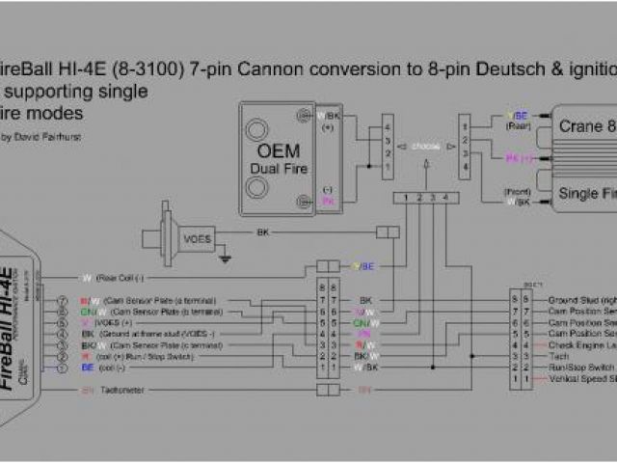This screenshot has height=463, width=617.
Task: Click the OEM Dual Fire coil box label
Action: [x=278, y=159]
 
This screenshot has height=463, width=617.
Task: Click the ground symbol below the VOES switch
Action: [x=225, y=258]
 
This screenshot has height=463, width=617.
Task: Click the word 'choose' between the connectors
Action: [x=424, y=147]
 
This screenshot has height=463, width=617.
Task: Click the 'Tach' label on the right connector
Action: [x=558, y=356]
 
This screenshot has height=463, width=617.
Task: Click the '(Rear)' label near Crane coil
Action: [x=519, y=124]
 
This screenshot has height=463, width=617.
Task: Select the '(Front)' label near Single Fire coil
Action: [x=518, y=191]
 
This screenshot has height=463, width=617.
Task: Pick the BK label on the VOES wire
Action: [x=262, y=232]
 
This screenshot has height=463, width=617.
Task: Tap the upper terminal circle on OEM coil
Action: [x=257, y=129]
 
